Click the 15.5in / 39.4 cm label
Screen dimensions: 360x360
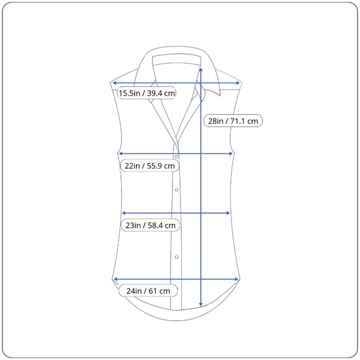[146, 93]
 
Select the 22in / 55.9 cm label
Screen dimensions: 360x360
[150, 166]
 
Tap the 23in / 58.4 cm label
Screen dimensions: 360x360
[150, 225]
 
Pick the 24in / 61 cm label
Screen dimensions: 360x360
[148, 291]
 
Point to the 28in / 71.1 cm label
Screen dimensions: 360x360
[233, 121]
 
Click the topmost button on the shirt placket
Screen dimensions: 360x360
[176, 156]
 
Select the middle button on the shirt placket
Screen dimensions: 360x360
[176, 190]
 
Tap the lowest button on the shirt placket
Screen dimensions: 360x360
[176, 257]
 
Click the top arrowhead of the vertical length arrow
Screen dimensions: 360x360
[201, 69]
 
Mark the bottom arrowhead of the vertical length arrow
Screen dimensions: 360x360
[201, 304]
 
